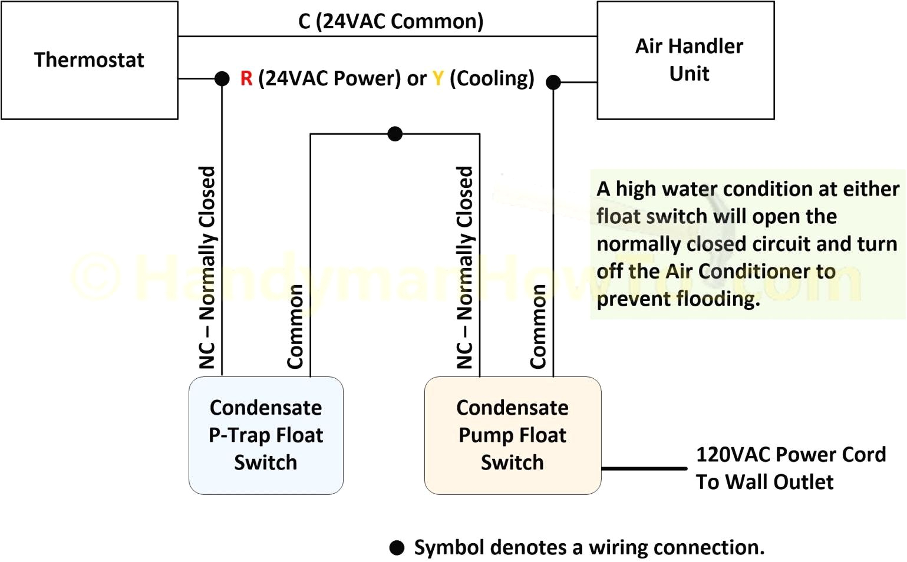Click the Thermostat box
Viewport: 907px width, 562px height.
point(89,60)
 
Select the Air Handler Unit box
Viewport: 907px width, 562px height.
point(685,60)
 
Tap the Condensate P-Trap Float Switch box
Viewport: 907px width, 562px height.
point(266,435)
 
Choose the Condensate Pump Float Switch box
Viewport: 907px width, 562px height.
point(512,435)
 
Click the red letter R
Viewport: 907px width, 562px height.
point(246,78)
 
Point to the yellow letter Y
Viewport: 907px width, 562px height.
point(438,78)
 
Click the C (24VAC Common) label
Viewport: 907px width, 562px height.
point(391,21)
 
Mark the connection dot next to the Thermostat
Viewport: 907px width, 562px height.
point(222,78)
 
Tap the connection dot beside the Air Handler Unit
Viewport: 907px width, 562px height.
point(553,82)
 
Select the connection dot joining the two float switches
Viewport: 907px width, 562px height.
point(395,134)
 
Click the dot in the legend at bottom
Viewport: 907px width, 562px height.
point(397,548)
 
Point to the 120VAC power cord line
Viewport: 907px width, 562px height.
point(644,469)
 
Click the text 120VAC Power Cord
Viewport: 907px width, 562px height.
point(790,455)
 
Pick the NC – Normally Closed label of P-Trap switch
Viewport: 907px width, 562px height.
point(207,268)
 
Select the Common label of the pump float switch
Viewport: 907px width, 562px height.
point(538,327)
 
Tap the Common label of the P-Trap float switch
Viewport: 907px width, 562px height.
point(295,327)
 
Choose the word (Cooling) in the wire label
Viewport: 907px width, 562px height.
point(492,78)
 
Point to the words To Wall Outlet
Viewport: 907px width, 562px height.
point(764,482)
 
